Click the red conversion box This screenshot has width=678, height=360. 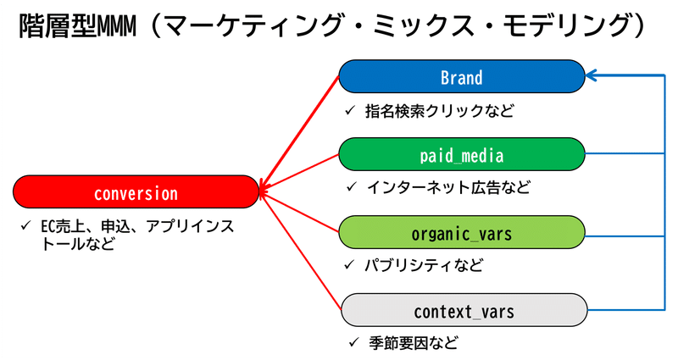[136, 192]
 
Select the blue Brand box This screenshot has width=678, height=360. [462, 77]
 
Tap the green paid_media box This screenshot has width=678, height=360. [462, 155]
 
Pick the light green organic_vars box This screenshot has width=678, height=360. [462, 233]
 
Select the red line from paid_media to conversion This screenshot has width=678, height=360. [301, 174]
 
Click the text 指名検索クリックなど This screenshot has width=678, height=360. [440, 111]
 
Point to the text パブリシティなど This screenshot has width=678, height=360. [424, 265]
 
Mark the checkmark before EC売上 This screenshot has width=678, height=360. [26, 227]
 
